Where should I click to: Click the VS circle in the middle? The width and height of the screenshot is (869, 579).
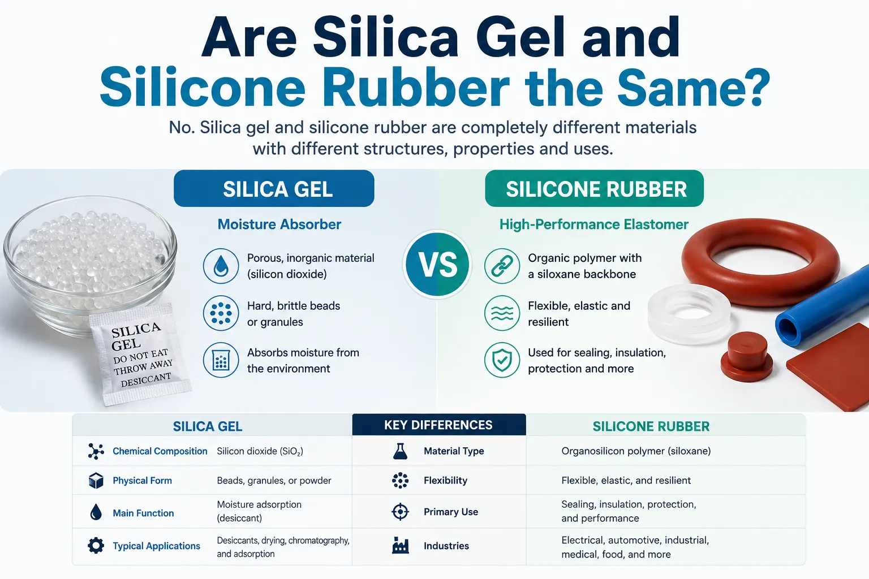click(437, 265)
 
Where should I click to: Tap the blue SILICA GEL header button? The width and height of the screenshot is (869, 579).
click(274, 188)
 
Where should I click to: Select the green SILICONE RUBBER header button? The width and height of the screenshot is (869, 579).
click(595, 188)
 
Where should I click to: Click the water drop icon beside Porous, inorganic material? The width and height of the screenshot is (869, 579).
click(221, 266)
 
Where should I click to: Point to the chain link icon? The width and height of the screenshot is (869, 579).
click(502, 266)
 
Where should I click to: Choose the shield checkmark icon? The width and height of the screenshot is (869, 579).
click(502, 360)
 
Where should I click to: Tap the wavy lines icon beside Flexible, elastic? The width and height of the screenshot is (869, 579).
click(502, 313)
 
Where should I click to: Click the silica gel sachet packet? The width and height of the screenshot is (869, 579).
click(140, 354)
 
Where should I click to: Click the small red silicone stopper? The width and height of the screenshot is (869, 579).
click(747, 357)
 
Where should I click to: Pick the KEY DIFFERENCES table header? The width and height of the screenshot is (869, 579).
click(439, 425)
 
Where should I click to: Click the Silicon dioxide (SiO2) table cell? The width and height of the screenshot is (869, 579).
click(260, 451)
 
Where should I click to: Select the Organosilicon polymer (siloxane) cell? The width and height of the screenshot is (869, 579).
click(636, 451)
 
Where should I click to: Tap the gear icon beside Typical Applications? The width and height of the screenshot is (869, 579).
click(96, 546)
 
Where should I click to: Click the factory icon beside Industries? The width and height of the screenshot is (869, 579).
click(401, 545)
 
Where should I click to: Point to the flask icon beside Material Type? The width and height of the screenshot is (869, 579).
click(400, 451)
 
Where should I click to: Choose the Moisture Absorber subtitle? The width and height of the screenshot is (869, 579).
click(279, 224)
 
